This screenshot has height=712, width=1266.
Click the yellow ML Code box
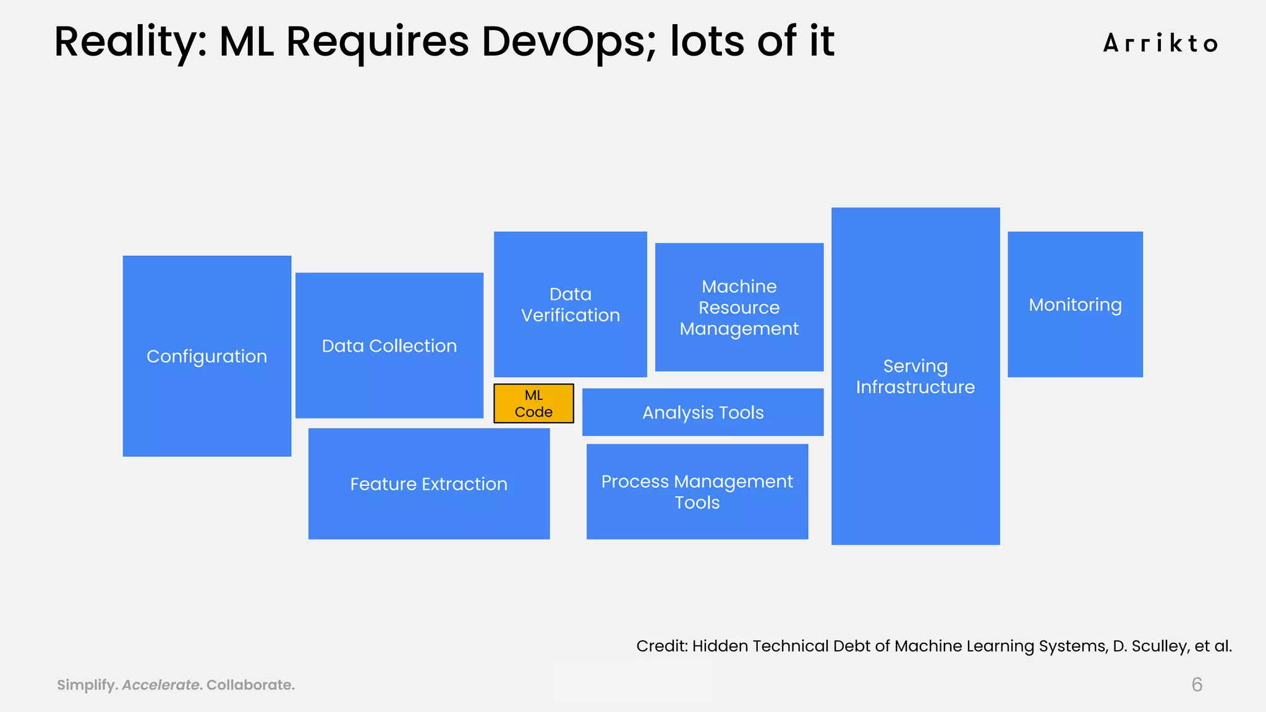click(x=533, y=404)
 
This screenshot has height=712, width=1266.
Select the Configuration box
click(x=207, y=356)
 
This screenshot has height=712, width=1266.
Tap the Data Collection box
click(x=389, y=345)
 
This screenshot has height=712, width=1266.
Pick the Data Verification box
click(x=570, y=304)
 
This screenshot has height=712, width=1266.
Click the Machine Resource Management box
click(x=739, y=307)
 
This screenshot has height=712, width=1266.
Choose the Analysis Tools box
click(x=703, y=412)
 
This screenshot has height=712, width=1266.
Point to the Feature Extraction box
click(x=428, y=483)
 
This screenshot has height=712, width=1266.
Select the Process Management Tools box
click(x=697, y=491)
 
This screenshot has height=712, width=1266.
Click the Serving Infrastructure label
click(x=915, y=376)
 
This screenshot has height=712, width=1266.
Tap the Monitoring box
click(x=1075, y=304)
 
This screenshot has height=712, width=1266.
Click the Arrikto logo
click(x=1160, y=43)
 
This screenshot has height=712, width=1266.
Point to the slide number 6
click(x=1197, y=684)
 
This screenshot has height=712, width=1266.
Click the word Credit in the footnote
click(x=661, y=646)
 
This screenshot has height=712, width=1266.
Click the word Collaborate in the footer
click(x=250, y=685)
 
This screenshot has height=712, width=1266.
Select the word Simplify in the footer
click(x=87, y=685)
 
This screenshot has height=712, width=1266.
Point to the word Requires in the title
click(x=378, y=41)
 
